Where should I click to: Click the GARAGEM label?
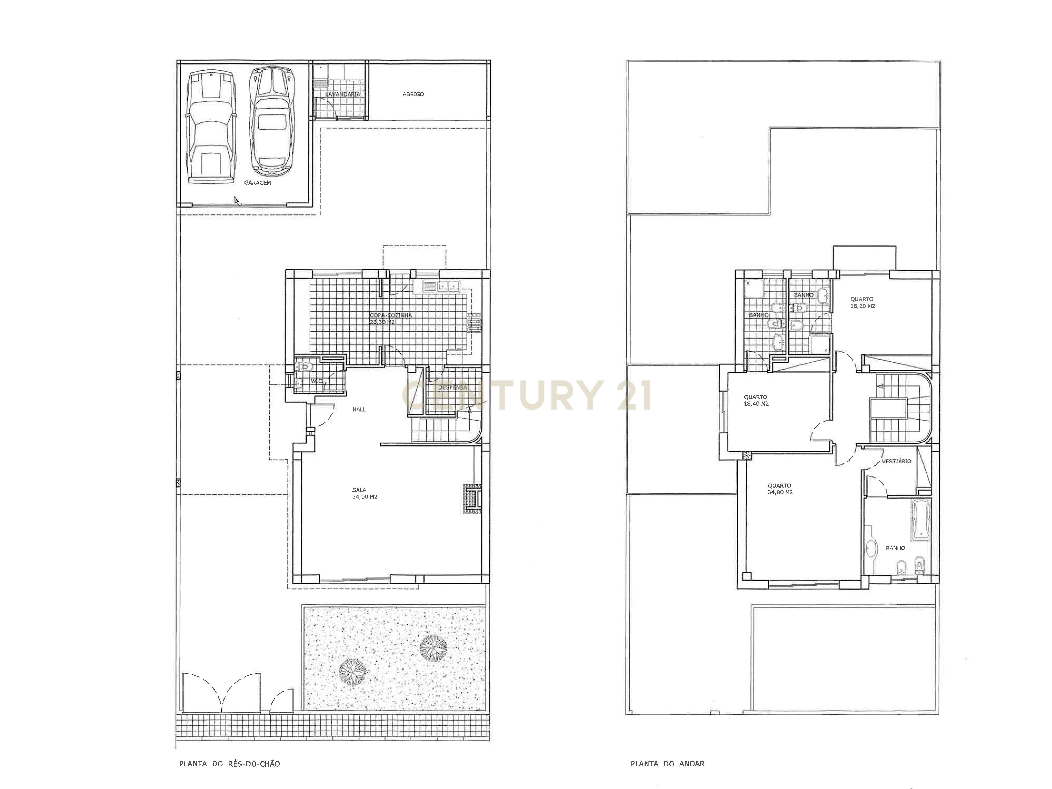(x=257, y=183)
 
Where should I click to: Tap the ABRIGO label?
(x=413, y=94)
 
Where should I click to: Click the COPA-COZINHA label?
(x=391, y=318)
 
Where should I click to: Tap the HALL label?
(x=359, y=409)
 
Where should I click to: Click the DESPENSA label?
(x=452, y=387)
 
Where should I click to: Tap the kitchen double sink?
(x=442, y=287)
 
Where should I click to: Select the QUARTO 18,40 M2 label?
(x=756, y=400)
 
